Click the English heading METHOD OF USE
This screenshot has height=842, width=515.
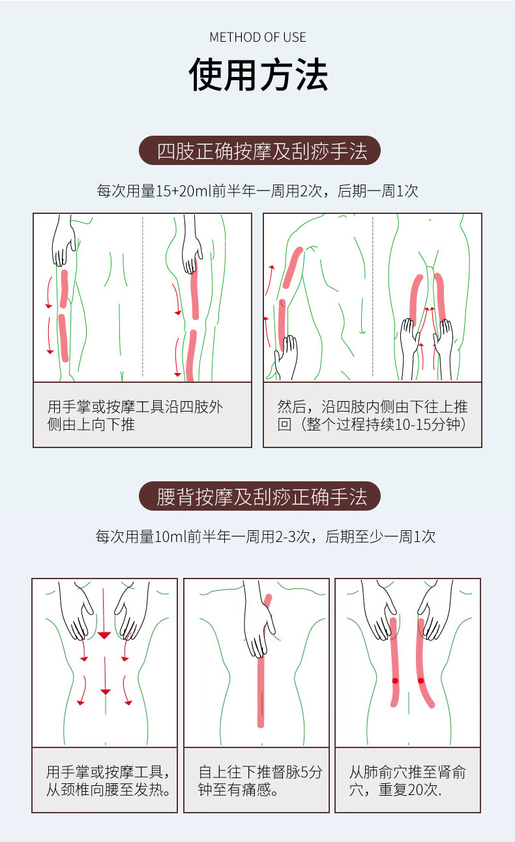[x=257, y=37]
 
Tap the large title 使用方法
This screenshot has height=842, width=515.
[x=258, y=74]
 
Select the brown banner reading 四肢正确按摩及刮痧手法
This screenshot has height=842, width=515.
[x=259, y=151]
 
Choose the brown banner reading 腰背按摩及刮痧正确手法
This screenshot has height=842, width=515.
[x=259, y=496]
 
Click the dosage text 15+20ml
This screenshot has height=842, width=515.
[x=184, y=191]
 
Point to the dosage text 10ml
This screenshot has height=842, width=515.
[x=171, y=536]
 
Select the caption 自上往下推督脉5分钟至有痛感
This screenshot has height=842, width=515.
[x=260, y=780]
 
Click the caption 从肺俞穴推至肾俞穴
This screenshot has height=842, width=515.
[x=407, y=780]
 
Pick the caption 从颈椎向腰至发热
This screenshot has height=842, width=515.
[x=108, y=789]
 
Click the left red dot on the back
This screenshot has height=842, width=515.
[x=395, y=681]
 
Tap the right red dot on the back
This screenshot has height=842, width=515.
[x=420, y=681]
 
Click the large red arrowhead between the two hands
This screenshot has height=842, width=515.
[x=104, y=636]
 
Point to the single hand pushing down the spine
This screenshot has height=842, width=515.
[x=258, y=620]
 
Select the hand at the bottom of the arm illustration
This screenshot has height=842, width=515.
[x=286, y=357]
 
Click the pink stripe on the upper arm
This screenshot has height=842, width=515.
[x=293, y=267]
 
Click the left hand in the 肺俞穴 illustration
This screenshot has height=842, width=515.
[x=379, y=611]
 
